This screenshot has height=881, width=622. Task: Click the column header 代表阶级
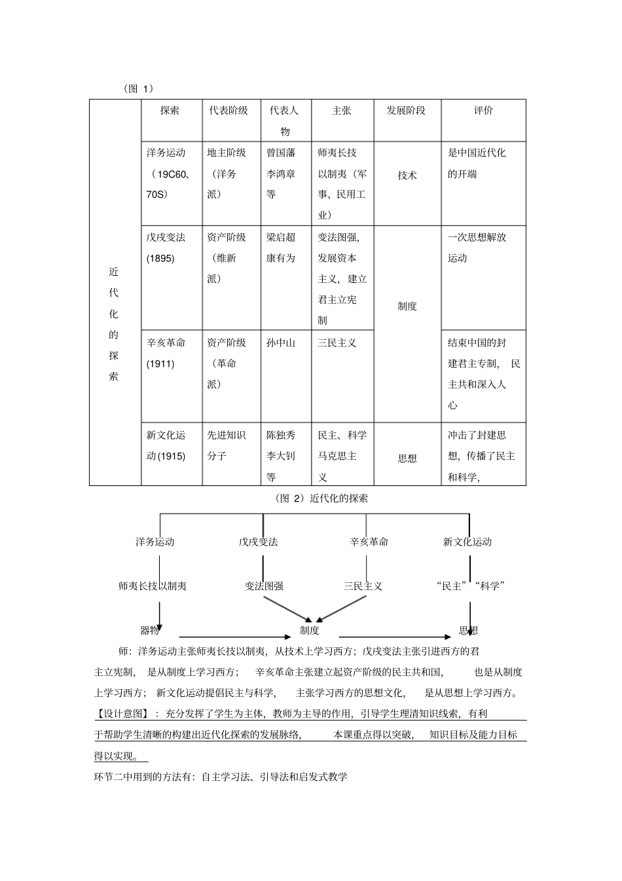click(x=229, y=111)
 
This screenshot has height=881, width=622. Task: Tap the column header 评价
click(x=483, y=111)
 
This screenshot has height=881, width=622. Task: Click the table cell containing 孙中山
click(x=281, y=343)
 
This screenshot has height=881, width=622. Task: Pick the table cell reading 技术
click(x=407, y=176)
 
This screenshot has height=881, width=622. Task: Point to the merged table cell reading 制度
click(x=407, y=306)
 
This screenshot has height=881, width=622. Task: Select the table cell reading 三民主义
click(x=337, y=343)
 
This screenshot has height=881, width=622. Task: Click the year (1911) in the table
click(x=160, y=364)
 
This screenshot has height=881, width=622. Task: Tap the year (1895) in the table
click(x=160, y=258)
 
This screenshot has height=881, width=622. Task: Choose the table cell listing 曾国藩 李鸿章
click(x=281, y=174)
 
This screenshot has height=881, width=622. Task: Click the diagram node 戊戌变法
click(x=258, y=542)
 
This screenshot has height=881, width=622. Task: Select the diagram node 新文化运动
click(x=467, y=542)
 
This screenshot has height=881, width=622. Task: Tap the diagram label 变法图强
click(x=264, y=586)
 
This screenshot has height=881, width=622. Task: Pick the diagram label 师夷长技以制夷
click(x=153, y=586)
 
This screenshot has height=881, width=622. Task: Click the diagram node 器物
click(x=150, y=630)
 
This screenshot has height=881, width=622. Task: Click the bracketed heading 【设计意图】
click(x=122, y=713)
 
